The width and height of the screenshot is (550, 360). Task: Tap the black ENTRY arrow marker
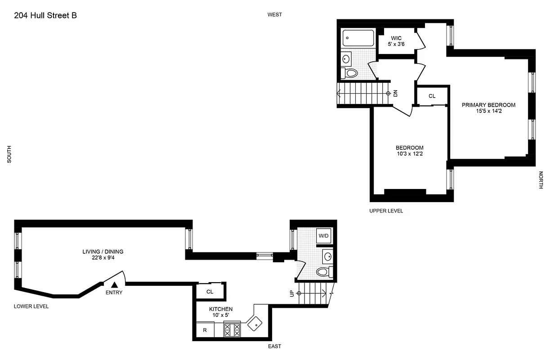click(114, 284)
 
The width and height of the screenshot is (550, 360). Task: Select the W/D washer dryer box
click(323, 236)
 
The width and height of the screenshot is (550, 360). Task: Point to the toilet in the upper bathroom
click(350, 73)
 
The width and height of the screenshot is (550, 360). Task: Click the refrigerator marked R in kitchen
click(205, 330)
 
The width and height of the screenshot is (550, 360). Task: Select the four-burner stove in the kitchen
click(233, 330)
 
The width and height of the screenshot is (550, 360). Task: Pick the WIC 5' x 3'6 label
click(396, 41)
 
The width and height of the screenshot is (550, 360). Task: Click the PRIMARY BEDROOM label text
click(488, 105)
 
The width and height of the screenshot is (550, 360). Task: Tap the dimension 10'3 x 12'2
click(409, 154)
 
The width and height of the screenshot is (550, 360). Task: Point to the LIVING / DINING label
click(103, 252)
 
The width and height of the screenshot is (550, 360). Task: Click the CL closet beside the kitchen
click(210, 292)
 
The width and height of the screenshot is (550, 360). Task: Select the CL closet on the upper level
click(432, 96)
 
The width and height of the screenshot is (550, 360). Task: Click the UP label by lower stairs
click(291, 293)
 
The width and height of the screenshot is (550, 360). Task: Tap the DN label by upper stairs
click(395, 93)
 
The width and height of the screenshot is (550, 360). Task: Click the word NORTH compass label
click(541, 180)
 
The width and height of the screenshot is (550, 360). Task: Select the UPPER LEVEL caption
click(386, 211)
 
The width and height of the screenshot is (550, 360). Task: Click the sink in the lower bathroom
click(327, 257)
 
